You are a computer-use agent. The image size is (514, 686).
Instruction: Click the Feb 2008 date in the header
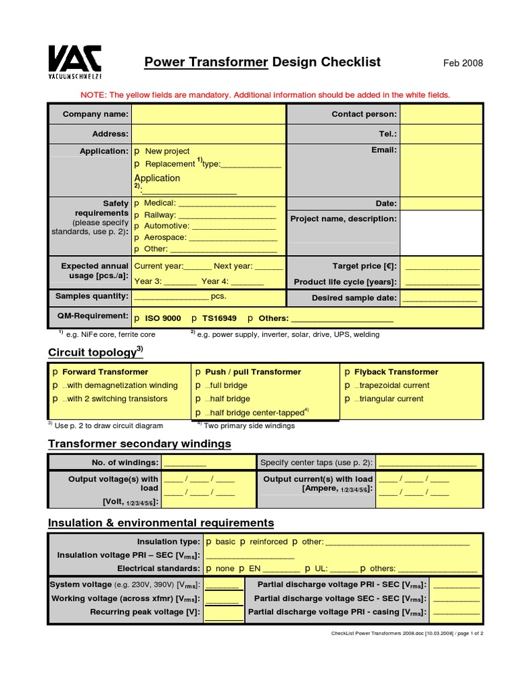[462, 64]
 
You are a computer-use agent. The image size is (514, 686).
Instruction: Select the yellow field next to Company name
[208, 115]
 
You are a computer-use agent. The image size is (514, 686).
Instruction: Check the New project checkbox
[137, 151]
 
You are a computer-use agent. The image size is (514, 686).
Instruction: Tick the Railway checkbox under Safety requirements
[137, 215]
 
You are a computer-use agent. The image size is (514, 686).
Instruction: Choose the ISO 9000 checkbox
[137, 319]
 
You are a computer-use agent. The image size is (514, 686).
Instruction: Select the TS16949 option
[194, 319]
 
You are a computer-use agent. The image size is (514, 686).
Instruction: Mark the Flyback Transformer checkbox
[347, 372]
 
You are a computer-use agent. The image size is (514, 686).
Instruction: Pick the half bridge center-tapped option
[198, 413]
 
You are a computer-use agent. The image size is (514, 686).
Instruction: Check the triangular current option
[347, 399]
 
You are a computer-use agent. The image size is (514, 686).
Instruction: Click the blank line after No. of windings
[185, 463]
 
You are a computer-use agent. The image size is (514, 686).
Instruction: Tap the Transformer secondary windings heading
[139, 443]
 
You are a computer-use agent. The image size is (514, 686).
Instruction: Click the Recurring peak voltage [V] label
[145, 612]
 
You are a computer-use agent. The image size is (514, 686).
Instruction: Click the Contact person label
[364, 115]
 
